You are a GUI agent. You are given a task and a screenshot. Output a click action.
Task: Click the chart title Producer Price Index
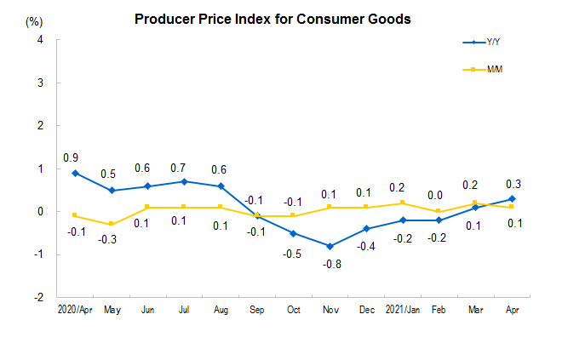tap(272, 18)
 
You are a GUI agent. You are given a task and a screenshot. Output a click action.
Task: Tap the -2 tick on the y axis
tap(38, 298)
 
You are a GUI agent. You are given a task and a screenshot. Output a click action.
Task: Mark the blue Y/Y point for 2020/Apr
tap(76, 173)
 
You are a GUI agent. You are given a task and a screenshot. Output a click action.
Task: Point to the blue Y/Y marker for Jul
tap(183, 181)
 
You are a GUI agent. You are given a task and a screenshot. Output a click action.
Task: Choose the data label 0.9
tap(71, 157)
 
